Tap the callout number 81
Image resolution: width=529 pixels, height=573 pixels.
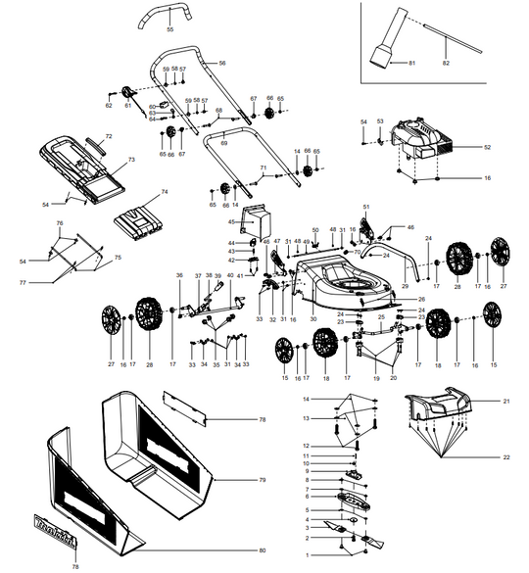point(413,63)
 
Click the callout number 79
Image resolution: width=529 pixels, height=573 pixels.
point(262,481)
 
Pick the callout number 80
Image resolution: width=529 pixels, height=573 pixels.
point(262,550)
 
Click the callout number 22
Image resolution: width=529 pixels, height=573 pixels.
point(507,458)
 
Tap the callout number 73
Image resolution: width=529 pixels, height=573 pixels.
point(131,158)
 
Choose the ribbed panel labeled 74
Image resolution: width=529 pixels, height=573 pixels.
point(141,219)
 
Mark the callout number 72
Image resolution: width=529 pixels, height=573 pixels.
point(109,135)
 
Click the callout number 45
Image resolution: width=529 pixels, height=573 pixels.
point(221,223)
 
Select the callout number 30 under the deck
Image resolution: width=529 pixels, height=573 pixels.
point(313,319)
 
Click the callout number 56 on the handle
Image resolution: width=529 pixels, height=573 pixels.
point(222,63)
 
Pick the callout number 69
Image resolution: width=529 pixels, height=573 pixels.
point(224,143)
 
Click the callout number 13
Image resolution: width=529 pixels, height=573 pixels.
point(305,418)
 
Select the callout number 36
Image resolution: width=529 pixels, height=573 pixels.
point(179,275)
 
